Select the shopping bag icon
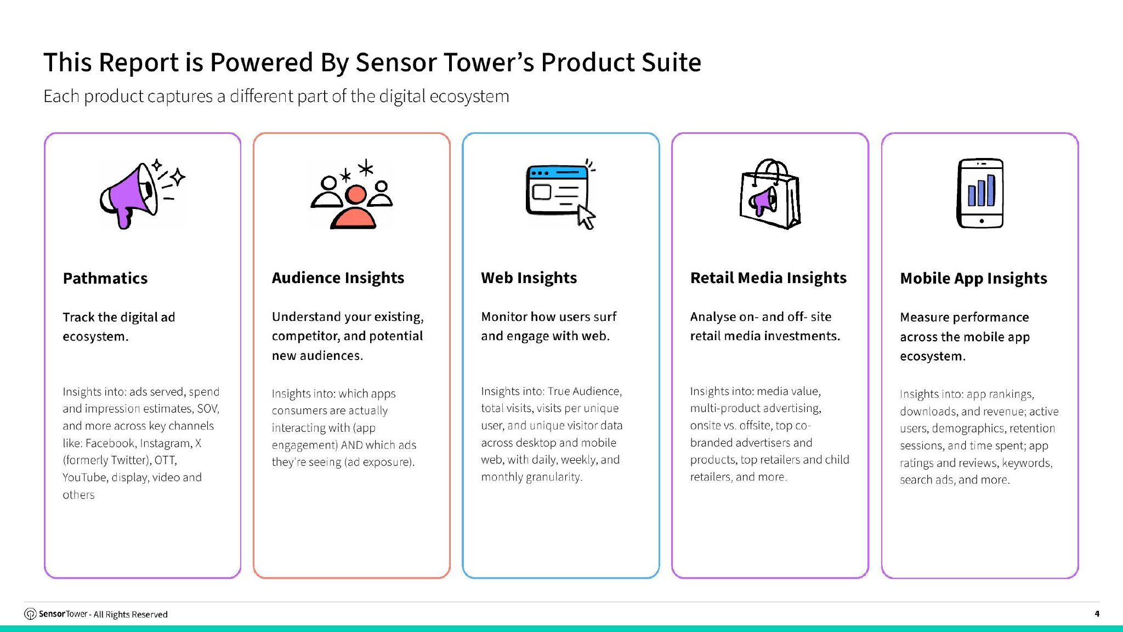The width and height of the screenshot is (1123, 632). tap(770, 194)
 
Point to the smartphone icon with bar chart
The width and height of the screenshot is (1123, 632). tap(980, 193)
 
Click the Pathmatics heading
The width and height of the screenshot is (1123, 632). tap(105, 278)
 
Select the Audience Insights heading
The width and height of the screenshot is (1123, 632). tap(338, 278)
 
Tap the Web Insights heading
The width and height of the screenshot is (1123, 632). tap(529, 278)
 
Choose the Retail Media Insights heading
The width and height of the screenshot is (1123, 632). tap(768, 278)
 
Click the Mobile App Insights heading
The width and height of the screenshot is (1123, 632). tap(973, 279)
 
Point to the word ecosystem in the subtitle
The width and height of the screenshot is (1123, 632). tap(469, 97)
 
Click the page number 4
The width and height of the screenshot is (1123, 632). tap(1097, 614)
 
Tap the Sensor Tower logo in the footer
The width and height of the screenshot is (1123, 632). tap(31, 614)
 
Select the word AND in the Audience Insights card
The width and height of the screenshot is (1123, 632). tap(351, 445)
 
